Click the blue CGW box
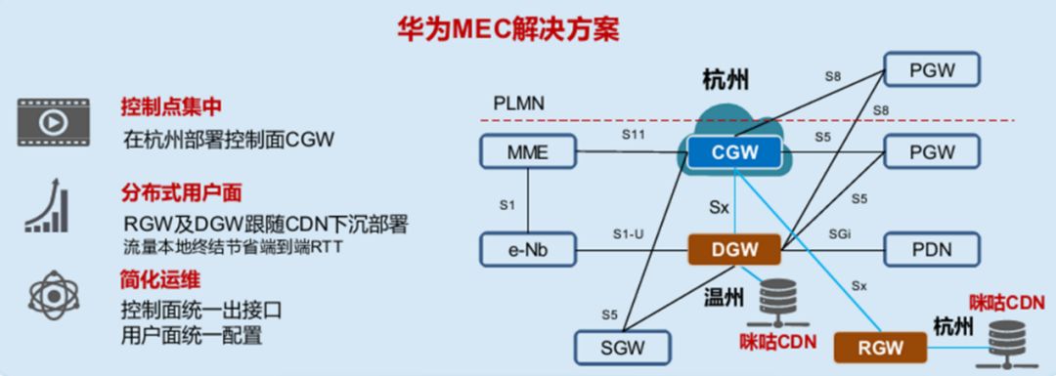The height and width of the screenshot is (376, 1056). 734,151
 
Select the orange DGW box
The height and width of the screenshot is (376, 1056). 734,250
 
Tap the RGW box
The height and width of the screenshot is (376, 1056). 880,347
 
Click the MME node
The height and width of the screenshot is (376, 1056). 528,151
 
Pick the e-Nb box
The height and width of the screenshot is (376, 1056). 528,250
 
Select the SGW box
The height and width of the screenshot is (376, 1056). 622,347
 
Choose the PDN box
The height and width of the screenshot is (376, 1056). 932,250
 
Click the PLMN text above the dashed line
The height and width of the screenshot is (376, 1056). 518,104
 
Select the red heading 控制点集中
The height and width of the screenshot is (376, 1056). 172,106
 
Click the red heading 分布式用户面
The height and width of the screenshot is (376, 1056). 182,193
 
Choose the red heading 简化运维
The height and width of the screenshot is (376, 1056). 161,279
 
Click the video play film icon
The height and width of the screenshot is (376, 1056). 53,122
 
